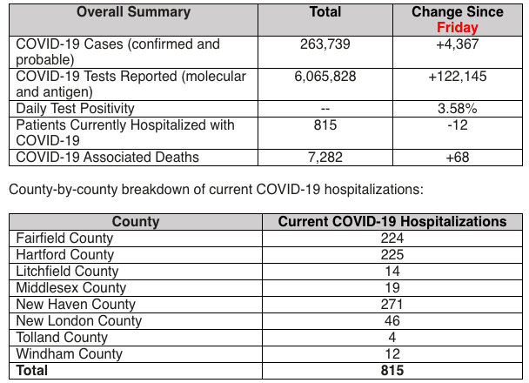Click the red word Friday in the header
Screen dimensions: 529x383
458,27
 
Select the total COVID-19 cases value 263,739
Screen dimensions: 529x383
325,44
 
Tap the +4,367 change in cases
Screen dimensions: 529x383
458,44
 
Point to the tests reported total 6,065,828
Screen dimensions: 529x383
325,77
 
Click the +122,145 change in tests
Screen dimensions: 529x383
458,77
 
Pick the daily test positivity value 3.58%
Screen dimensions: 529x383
458,109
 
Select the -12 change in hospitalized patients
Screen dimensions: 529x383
458,125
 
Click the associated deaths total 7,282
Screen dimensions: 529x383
325,158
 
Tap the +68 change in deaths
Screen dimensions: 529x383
458,158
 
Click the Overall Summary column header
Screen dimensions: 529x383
134,12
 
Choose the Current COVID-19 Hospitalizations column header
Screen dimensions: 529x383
392,222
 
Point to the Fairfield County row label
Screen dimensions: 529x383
64,239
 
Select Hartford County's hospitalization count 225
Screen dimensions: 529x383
392,255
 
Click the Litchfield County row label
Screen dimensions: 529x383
67,272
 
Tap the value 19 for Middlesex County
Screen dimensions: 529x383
392,288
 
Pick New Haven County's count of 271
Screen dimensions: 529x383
392,305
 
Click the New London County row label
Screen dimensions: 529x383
79,321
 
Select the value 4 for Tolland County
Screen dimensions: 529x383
392,338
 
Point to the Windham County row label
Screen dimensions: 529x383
69,354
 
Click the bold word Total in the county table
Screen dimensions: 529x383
31,371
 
